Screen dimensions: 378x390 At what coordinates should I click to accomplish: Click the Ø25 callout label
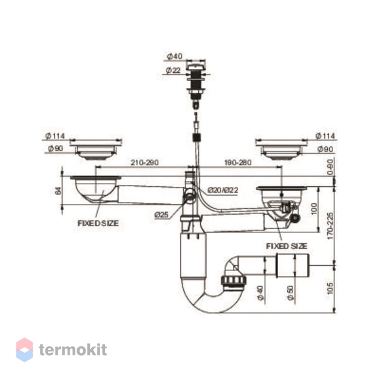(161, 215)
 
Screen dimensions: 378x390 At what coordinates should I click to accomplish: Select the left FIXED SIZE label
(98, 224)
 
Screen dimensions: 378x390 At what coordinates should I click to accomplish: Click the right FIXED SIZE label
(286, 246)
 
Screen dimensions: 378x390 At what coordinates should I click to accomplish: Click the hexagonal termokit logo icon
(24, 350)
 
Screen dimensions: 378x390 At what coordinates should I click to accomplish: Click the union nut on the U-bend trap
(231, 281)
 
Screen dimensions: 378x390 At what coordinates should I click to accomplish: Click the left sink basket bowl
(95, 188)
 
